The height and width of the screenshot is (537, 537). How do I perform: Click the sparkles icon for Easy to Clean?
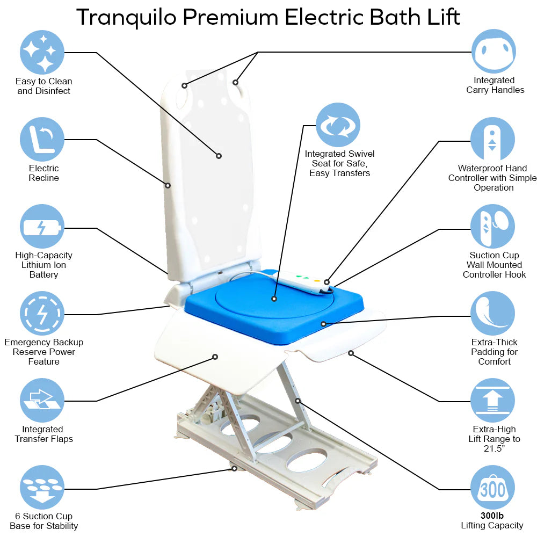42,52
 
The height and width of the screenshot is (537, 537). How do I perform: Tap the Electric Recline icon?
42,140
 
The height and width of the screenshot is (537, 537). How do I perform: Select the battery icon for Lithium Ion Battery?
42,227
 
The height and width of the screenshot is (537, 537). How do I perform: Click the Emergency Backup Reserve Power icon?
42,314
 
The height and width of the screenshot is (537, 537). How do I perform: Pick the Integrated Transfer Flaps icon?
42,401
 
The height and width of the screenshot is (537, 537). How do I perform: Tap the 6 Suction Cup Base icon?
42,488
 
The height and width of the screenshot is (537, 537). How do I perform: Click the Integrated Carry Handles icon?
493,52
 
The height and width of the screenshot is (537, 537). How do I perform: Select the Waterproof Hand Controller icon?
493,140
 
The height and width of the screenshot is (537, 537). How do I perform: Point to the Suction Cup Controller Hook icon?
493,227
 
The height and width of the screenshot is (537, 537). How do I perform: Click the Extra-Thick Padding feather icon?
493,314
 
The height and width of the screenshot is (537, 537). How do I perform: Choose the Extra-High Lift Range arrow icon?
493,401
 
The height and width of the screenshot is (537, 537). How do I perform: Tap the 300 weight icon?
493,488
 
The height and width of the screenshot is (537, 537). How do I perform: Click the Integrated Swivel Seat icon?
338,125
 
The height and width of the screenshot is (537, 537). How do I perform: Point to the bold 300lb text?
492,516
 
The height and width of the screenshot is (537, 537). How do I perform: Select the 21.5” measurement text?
494,448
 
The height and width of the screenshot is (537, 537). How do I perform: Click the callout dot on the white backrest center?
219,156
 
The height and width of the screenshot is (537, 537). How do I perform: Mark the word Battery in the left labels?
43,274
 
